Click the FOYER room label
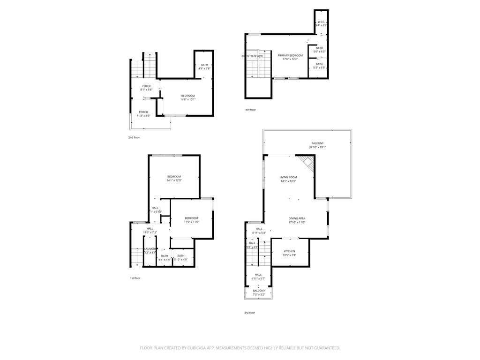(147, 86)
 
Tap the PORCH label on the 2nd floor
(143, 112)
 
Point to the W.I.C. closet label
(321, 22)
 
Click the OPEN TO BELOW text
(252, 56)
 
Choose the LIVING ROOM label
(288, 177)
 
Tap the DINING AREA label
(297, 218)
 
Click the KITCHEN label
(289, 251)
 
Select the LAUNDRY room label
(150, 249)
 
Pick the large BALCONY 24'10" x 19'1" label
(317, 143)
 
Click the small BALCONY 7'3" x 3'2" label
(259, 291)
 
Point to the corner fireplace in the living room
(307, 163)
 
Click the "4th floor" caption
(250, 110)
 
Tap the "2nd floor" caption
(134, 137)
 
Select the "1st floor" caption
(135, 278)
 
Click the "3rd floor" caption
(249, 313)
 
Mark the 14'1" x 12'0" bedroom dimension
(174, 180)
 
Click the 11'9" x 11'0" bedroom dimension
(191, 222)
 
